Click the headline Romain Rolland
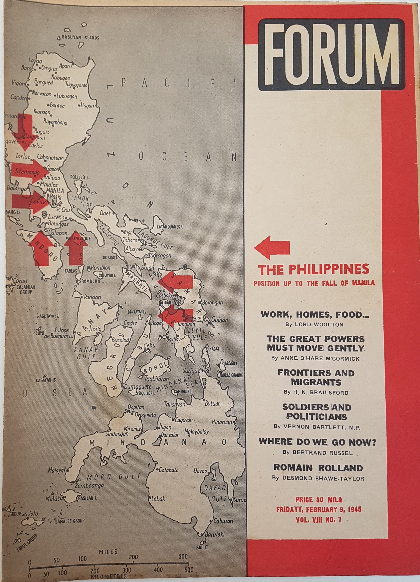tap(318, 467)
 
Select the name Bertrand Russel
tap(317, 452)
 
